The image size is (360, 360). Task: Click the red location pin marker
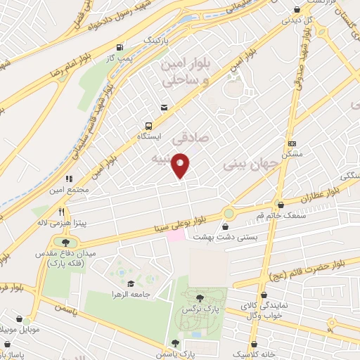click(x=181, y=165)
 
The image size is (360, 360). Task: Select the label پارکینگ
click(x=157, y=41)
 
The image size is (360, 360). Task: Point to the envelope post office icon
click(x=164, y=108)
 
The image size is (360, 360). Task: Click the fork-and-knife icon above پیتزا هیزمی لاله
click(x=62, y=211)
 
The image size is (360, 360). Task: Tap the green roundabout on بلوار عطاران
click(x=229, y=213)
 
